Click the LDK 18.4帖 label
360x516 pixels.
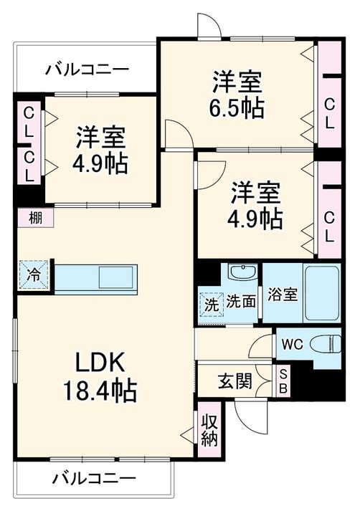[x=100, y=376]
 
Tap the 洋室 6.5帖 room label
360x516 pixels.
[x=237, y=95]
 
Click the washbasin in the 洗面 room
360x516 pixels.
[x=243, y=272]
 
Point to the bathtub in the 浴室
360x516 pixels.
[x=322, y=293]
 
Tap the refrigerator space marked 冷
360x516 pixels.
[x=34, y=274]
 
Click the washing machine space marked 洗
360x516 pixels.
[x=211, y=305]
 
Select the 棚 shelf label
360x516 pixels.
[x=35, y=218]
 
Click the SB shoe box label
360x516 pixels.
[x=283, y=381]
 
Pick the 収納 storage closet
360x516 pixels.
[x=209, y=429]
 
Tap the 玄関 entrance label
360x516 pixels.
[x=235, y=381]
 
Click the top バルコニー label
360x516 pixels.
[x=87, y=70]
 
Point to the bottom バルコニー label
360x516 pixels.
[x=94, y=477]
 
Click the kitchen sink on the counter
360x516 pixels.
[x=116, y=277]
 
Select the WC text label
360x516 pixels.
[x=293, y=344]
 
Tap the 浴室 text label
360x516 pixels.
[x=283, y=294]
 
